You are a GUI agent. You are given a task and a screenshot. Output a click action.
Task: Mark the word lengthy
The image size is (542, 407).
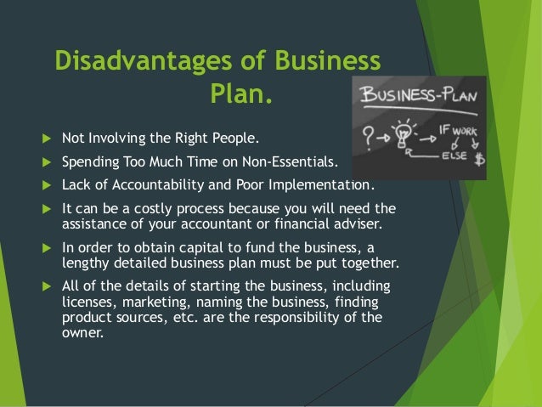(x=88, y=263)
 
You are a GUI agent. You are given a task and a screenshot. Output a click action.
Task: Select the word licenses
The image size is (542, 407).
(x=88, y=302)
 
